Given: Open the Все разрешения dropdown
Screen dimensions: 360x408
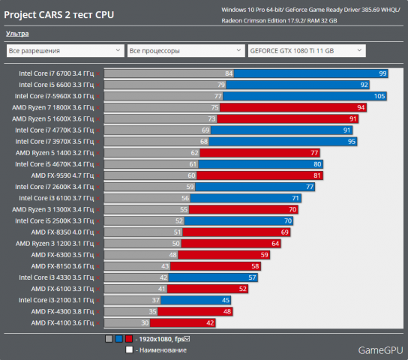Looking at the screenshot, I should pos(64,51).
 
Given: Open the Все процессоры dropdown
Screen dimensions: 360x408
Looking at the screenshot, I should pos(184,51).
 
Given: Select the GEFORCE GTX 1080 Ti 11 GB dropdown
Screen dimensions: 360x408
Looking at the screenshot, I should pos(305,51).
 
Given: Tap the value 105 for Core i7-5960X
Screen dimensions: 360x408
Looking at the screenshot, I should pos(379,96).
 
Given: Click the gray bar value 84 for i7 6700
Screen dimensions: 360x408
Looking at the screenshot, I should pos(229,73).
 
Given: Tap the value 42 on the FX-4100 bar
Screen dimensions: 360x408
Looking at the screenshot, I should pos(209,322).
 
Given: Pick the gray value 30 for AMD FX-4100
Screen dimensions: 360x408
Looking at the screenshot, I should pos(145,322).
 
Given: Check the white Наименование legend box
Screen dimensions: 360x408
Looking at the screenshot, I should pos(129,349).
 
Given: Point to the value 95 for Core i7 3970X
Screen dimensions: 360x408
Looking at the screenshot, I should pos(351,141).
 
